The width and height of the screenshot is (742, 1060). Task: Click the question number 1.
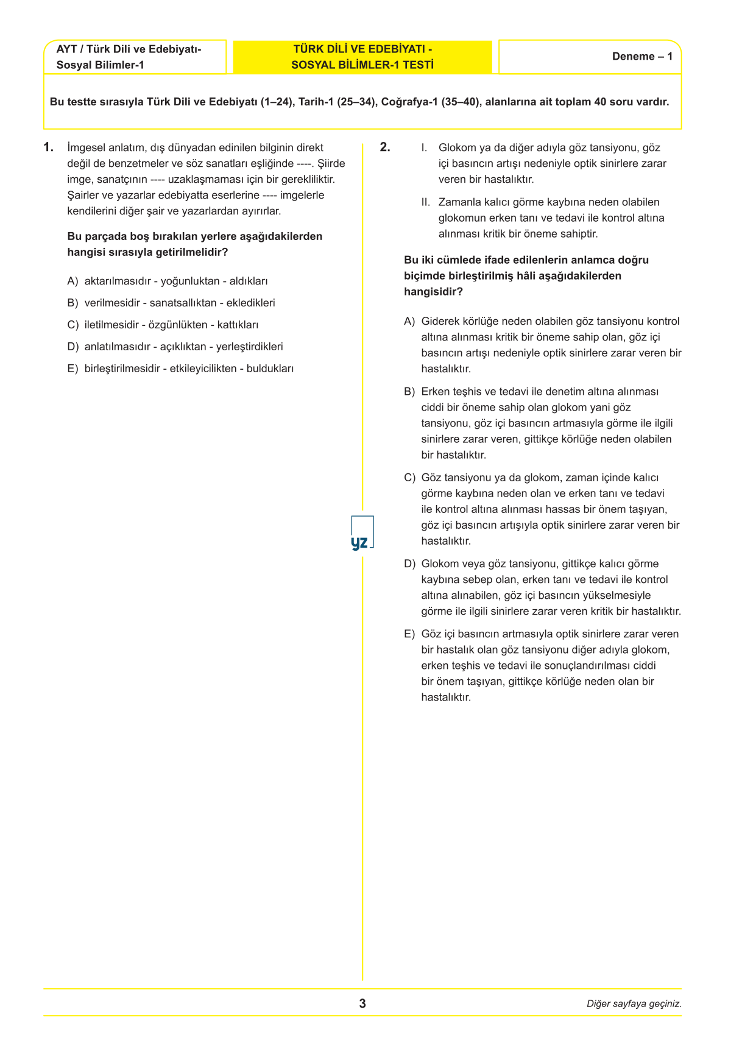(x=49, y=147)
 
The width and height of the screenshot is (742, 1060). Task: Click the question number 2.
(x=385, y=147)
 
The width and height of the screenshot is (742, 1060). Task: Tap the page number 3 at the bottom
(x=362, y=1003)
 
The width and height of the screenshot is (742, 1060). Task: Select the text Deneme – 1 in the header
(x=642, y=57)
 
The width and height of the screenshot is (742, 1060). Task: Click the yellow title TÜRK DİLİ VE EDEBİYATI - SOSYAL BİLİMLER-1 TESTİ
(x=362, y=57)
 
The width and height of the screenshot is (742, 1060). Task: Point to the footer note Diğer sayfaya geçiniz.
(x=634, y=1004)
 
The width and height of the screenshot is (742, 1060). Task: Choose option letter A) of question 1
(x=72, y=281)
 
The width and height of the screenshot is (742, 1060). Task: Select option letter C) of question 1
(x=72, y=325)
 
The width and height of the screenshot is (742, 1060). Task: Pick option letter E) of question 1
(x=72, y=369)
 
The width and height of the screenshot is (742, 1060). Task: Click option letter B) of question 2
(x=409, y=392)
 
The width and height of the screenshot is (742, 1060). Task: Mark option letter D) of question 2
(x=409, y=564)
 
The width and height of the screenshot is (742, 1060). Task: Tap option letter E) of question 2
(x=409, y=634)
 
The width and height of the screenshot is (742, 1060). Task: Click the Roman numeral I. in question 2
(x=424, y=148)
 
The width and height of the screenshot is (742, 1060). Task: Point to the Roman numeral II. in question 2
(x=425, y=202)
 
